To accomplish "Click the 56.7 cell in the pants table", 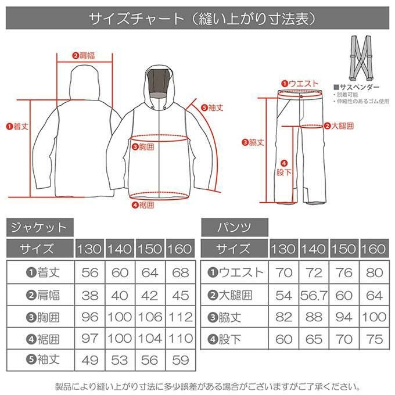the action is coord(314,295).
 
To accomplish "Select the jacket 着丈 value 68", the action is coord(181,273).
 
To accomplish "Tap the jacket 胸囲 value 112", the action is coord(181,317).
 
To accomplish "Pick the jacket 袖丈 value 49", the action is coord(89,360).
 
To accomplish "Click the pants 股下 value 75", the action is coord(375,339).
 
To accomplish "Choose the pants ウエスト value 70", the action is coord(283,273).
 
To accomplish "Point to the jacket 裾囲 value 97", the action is coord(89,339).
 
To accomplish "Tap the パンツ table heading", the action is coord(235,228).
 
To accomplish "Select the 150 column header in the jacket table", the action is coord(150,249).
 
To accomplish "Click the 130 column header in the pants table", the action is coord(283,249).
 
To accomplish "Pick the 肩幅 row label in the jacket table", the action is coord(44,295).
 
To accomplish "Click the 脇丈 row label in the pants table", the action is coord(225,317).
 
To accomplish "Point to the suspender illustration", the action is coord(360,58).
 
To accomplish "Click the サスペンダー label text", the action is coord(356,87).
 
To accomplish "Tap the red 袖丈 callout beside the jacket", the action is coord(212,108).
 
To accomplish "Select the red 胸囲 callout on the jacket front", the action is coord(143,146).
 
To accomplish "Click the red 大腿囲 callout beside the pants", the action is coord(339,125).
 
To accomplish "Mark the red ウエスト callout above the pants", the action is coord(300,84).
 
